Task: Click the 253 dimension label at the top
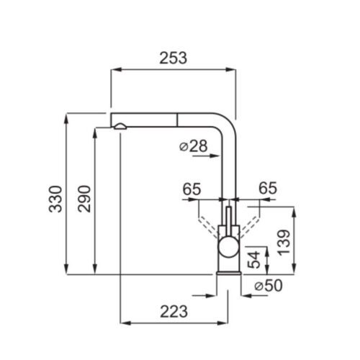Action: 173,58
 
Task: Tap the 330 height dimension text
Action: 55,199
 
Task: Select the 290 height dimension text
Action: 84,199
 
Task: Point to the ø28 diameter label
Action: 194,146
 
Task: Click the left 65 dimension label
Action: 192,189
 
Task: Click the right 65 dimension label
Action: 268,188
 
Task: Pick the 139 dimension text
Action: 284,243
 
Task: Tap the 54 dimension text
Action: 253,260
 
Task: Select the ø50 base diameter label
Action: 269,286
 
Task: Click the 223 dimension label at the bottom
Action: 174,312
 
